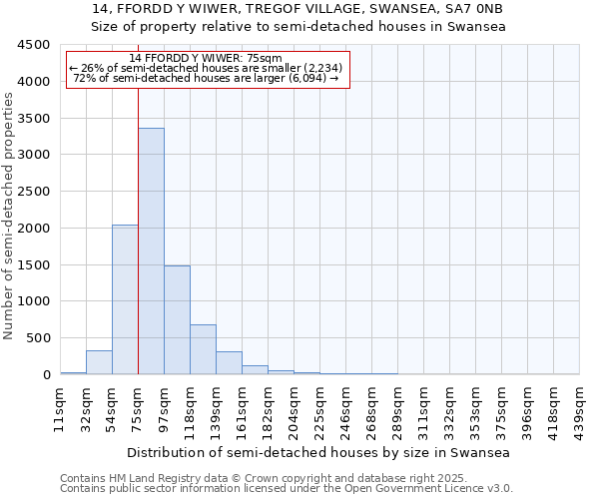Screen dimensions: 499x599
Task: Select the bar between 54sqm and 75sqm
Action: (x=125, y=299)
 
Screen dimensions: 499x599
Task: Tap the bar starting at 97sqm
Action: (x=177, y=319)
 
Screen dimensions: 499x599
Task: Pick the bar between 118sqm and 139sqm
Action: (x=203, y=349)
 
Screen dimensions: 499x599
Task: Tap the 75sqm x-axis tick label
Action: (x=138, y=408)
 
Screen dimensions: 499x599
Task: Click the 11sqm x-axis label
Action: (x=60, y=408)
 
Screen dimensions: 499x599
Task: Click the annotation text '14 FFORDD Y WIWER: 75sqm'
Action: (x=206, y=58)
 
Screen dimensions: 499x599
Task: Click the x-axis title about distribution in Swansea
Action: (x=318, y=452)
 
